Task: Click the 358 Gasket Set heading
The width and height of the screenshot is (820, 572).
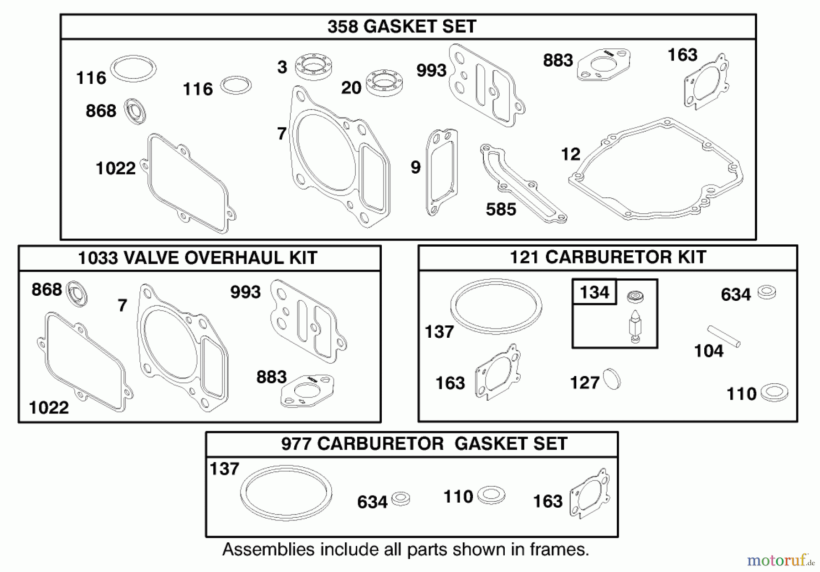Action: (402, 26)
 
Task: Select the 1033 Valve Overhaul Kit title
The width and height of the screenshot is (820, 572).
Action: (197, 258)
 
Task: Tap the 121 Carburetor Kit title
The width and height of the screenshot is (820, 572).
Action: (607, 257)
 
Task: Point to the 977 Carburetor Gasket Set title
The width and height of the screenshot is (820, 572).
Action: (424, 443)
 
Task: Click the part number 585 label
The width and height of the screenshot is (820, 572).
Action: (501, 209)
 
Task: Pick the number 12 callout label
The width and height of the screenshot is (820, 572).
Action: (570, 154)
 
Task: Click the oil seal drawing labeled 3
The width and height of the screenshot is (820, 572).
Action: (313, 67)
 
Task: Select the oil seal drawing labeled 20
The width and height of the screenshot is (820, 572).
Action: (384, 83)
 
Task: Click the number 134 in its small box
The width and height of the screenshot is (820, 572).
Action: (594, 292)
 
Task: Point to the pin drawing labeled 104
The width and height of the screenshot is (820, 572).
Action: (723, 336)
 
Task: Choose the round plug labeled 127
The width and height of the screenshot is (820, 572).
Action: (612, 379)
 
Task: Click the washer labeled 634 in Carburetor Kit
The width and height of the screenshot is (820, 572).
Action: (767, 292)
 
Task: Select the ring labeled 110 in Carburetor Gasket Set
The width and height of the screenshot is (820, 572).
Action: (491, 495)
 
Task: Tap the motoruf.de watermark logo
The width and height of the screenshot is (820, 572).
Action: (780, 560)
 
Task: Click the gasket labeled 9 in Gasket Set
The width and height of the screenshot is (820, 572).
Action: (441, 172)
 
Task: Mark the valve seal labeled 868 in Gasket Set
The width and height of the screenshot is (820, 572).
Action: (135, 111)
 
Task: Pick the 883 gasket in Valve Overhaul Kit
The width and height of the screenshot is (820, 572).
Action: (307, 391)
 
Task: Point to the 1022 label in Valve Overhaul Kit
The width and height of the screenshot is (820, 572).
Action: (49, 407)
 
